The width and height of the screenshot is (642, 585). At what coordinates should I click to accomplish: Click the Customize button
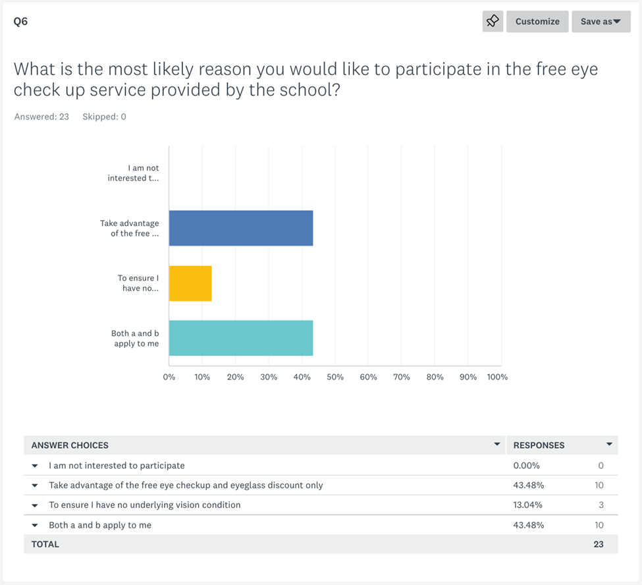[x=537, y=21]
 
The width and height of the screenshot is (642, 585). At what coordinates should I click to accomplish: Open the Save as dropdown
[x=601, y=21]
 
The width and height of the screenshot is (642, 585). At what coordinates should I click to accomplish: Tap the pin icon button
[x=493, y=21]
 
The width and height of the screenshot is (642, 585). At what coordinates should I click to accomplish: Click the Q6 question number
[x=20, y=21]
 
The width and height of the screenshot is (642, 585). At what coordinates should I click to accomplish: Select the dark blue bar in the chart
[x=240, y=228]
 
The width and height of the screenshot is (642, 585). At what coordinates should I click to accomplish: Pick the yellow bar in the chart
[x=190, y=283]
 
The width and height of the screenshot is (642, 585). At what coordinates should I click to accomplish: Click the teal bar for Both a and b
[x=240, y=338]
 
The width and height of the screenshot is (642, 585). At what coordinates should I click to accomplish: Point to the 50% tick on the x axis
[x=335, y=377]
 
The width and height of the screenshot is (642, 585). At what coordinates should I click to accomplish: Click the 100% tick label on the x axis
[x=496, y=377]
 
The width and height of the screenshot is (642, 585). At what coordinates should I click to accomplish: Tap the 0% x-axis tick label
[x=169, y=377]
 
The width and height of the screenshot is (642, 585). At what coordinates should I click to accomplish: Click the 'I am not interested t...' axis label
[x=134, y=173]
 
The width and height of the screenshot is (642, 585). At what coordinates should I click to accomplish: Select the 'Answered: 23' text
[x=41, y=117]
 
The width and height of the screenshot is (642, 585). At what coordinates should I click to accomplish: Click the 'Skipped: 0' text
[x=104, y=117]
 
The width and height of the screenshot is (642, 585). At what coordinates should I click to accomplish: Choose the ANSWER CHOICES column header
[x=70, y=445]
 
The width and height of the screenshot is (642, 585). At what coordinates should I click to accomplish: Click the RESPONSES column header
[x=539, y=445]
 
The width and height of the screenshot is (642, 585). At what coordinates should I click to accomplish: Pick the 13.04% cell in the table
[x=527, y=505]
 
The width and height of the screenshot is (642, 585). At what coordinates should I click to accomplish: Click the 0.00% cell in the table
[x=527, y=466]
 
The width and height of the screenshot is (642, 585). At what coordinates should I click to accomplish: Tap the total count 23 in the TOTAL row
[x=597, y=544]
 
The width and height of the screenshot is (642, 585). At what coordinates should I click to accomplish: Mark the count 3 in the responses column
[x=601, y=505]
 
